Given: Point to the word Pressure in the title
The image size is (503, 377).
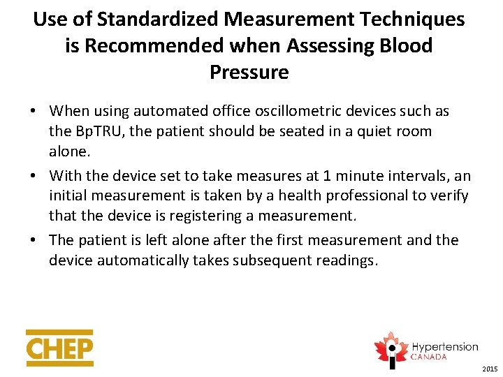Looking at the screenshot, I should coord(249,72).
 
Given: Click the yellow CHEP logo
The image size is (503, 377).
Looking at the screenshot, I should coord(59,348).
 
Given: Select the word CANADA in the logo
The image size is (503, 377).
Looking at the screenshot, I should coord(430,357).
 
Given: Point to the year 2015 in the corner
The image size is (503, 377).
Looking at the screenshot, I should coord(490,369).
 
